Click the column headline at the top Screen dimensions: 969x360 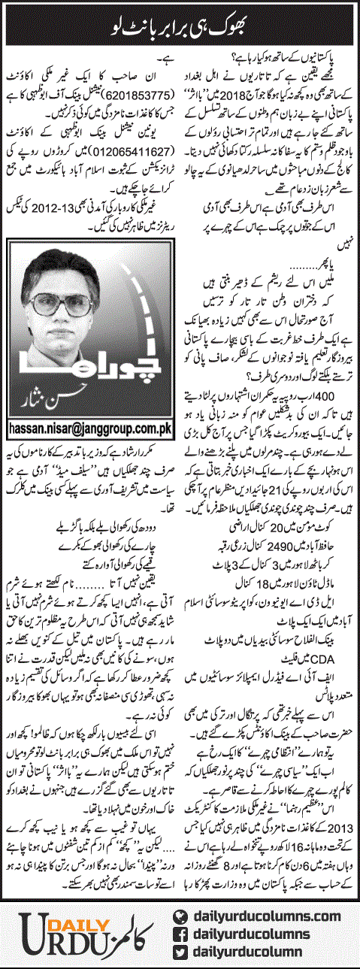click(x=181, y=29)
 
